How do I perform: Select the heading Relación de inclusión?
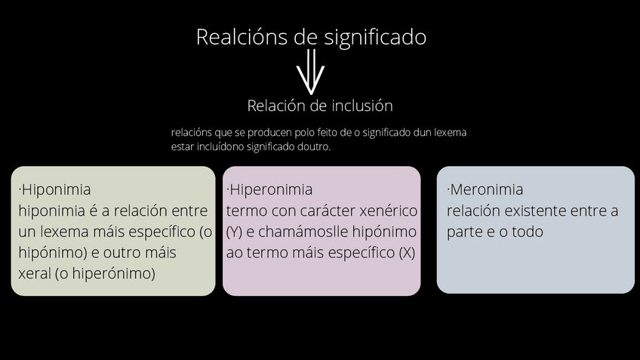click(x=319, y=106)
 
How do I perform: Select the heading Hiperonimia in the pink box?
click(x=271, y=189)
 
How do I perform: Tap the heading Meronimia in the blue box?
click(x=486, y=189)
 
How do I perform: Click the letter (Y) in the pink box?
click(x=234, y=232)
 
